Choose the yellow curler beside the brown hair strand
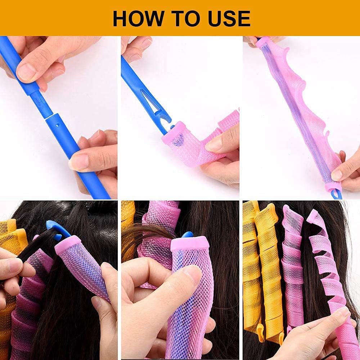127,223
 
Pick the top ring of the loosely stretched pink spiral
313,215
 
